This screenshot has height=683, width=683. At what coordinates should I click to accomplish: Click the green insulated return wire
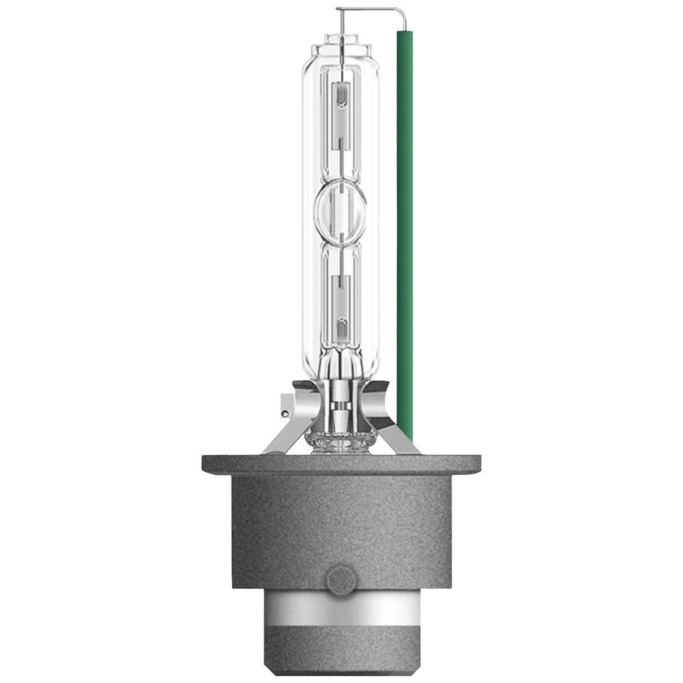pyautogui.click(x=404, y=232)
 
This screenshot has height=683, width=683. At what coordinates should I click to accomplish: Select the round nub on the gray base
pyautogui.click(x=341, y=580)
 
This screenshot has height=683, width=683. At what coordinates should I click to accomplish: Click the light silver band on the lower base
pyautogui.click(x=341, y=619)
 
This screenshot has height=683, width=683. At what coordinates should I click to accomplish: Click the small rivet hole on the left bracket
pyautogui.click(x=284, y=413)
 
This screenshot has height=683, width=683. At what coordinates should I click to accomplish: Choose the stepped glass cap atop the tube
pyautogui.click(x=341, y=49)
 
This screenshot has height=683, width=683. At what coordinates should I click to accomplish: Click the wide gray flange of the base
pyautogui.click(x=341, y=465)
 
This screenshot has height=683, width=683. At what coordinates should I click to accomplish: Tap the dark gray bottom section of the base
pyautogui.click(x=341, y=656)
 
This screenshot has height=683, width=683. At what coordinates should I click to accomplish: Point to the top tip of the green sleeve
pyautogui.click(x=404, y=33)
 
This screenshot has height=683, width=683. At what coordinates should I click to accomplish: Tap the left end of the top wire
pyautogui.click(x=337, y=10)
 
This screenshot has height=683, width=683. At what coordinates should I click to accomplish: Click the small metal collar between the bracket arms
pyautogui.click(x=339, y=410)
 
